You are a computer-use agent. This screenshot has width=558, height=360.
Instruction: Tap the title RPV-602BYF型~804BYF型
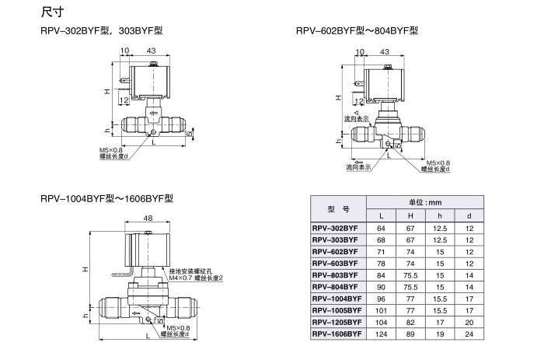[x=357, y=31]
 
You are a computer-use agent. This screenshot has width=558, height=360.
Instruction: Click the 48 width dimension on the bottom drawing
[x=148, y=218]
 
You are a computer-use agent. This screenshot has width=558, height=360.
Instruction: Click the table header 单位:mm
[x=424, y=201]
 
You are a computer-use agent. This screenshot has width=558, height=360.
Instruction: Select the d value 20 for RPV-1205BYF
[x=469, y=321]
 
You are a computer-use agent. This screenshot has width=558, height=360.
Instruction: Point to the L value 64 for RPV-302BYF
[x=382, y=228]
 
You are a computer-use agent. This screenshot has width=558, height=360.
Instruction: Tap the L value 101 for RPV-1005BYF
[x=382, y=309]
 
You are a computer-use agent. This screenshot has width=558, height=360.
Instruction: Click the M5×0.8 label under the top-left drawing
[x=110, y=149]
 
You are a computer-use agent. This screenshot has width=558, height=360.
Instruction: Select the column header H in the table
[x=411, y=215]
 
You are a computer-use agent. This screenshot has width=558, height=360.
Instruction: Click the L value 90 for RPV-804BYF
[x=382, y=286]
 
